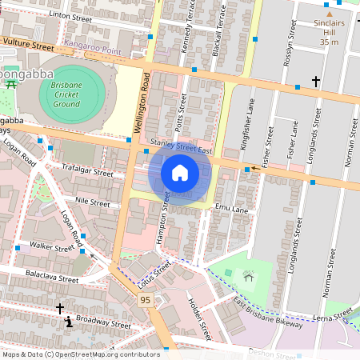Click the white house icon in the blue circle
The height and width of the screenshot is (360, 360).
[x=180, y=173]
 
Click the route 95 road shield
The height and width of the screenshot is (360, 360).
[x=145, y=299]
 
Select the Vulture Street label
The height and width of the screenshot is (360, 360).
[x=28, y=47]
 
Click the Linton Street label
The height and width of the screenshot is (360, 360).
[x=71, y=14]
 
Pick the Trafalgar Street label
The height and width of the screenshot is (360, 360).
[x=87, y=170]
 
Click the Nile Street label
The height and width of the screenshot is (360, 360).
[x=93, y=203]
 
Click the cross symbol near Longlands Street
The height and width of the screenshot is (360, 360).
[x=316, y=81]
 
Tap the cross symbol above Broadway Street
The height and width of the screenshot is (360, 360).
[x=59, y=308]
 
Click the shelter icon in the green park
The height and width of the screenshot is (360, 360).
[x=249, y=276]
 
